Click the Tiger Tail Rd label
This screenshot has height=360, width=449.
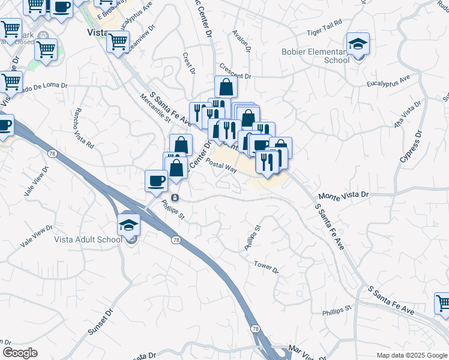[x=324, y=22]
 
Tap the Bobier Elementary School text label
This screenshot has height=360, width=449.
[x=316, y=56]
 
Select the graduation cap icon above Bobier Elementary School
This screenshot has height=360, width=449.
[x=358, y=44]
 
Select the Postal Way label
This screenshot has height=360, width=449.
[x=221, y=166]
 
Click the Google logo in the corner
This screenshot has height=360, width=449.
[x=20, y=352]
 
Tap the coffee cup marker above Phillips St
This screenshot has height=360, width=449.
[x=157, y=181]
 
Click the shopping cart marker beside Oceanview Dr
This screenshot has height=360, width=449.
[x=118, y=43]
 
